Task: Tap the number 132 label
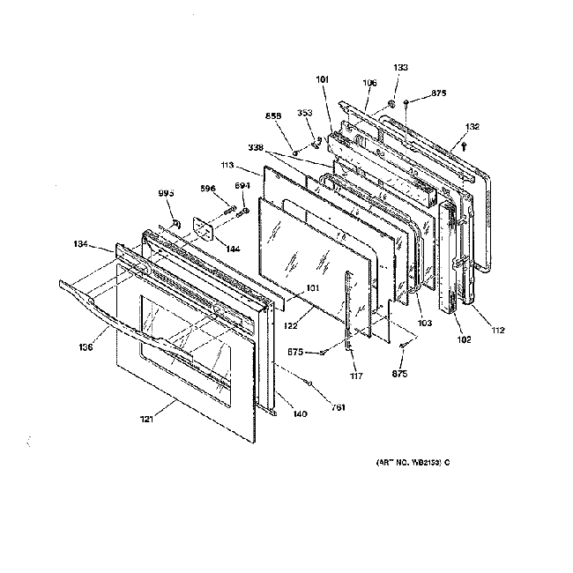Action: click(x=473, y=127)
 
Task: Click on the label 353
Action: click(x=304, y=113)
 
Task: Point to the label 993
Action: click(x=165, y=194)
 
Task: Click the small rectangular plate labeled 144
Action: click(x=205, y=228)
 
